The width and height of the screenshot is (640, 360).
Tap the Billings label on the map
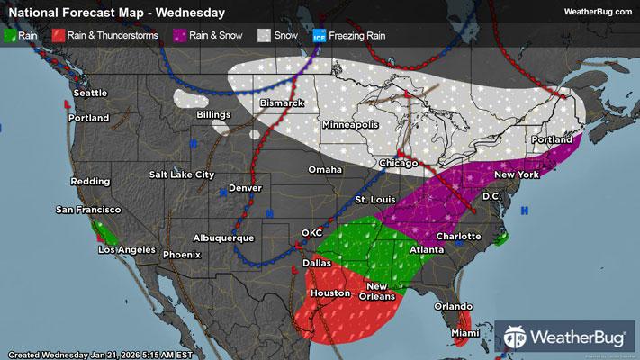(214, 115)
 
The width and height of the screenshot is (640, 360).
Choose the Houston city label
(329, 293)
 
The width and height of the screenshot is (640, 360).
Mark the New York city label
(517, 175)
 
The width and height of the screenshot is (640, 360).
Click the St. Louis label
(373, 199)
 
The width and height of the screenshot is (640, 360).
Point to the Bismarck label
(281, 103)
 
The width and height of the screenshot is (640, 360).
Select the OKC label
(311, 233)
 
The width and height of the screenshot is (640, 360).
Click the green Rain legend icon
(11, 36)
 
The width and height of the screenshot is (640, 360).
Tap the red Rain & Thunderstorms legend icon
(57, 36)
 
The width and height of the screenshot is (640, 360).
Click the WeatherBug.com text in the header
(596, 12)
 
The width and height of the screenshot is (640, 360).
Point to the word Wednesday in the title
(192, 13)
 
